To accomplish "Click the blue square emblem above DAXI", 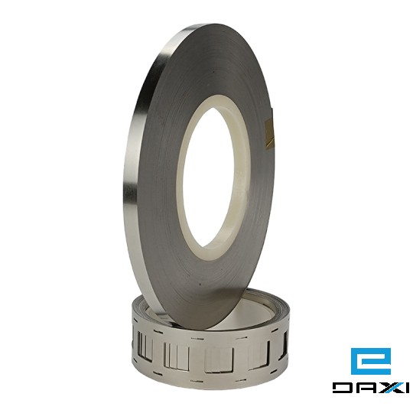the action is [x=371, y=361].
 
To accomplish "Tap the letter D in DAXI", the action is [x=342, y=388].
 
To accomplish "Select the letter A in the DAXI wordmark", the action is [x=366, y=388].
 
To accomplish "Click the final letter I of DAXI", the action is [x=405, y=388].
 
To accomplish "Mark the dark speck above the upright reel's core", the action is [x=214, y=71].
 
